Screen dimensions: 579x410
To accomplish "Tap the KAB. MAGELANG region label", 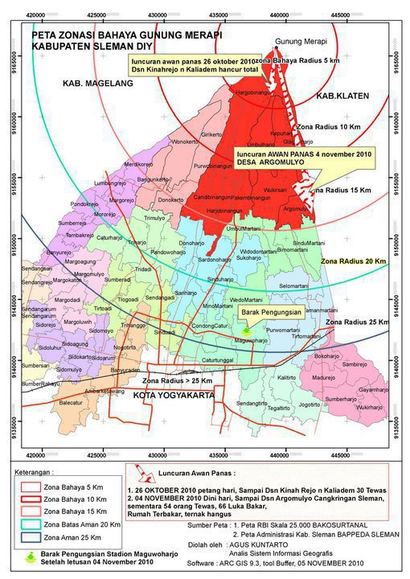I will click(x=93, y=84).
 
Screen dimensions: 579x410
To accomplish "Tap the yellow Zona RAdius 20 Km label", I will click(x=353, y=262).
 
